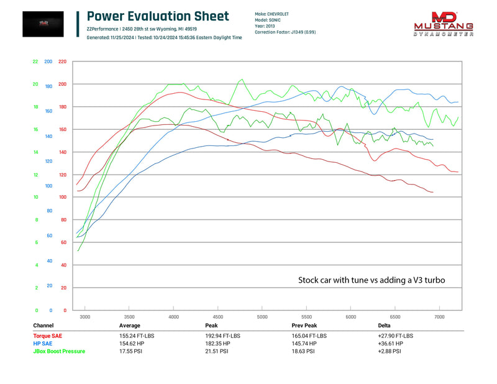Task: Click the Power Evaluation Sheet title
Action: point(158,17)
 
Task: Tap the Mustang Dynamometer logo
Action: point(444,24)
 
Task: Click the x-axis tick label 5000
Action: point(262,317)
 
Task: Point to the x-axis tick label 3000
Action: point(84,317)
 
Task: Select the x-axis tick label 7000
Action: point(439,317)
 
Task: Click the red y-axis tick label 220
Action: point(62,62)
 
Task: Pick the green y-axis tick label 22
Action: point(35,62)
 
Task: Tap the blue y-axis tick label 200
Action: point(48,62)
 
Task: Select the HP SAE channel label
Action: point(43,343)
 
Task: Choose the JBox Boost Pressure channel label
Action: point(60,351)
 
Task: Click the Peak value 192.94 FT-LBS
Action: point(224,336)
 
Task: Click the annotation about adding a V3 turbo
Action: point(372,281)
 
